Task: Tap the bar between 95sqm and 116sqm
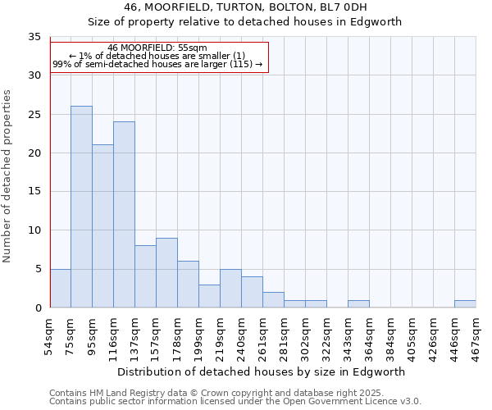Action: tap(102, 226)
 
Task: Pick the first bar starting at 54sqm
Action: tap(60, 288)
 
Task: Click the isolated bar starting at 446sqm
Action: tap(465, 303)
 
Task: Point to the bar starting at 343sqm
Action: tap(358, 303)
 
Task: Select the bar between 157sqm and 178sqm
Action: tap(166, 273)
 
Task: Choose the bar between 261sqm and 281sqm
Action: tap(273, 300)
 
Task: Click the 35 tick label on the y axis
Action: tap(34, 37)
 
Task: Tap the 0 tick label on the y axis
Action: tap(38, 307)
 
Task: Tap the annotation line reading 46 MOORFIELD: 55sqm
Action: tap(157, 48)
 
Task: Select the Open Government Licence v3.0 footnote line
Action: tap(235, 402)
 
